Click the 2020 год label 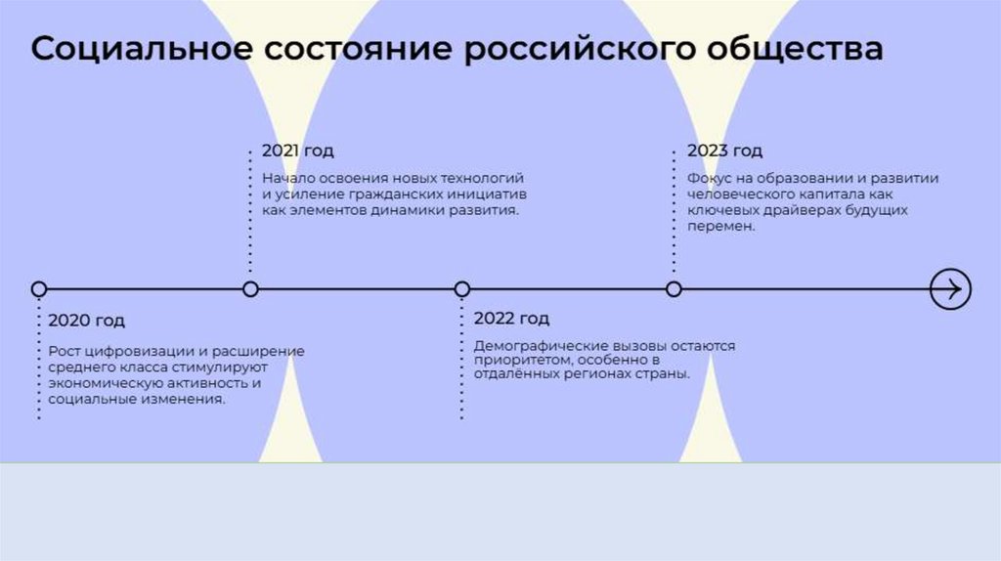86,321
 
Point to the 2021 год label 297,151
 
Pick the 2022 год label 511,319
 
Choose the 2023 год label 724,151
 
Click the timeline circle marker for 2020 39,289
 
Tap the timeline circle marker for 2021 250,289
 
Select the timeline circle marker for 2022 462,289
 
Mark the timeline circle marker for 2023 674,289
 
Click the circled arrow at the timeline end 949,289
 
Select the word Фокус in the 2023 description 708,179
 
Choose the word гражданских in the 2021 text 375,194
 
